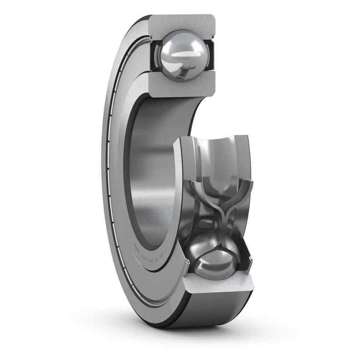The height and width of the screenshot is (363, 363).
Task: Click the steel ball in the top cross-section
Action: [x=181, y=55]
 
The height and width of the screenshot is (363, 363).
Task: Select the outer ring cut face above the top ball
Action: [x=181, y=23]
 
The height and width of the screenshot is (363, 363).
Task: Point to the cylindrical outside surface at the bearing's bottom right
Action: [x=213, y=313]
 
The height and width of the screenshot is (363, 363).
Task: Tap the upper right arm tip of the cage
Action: [x=249, y=184]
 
